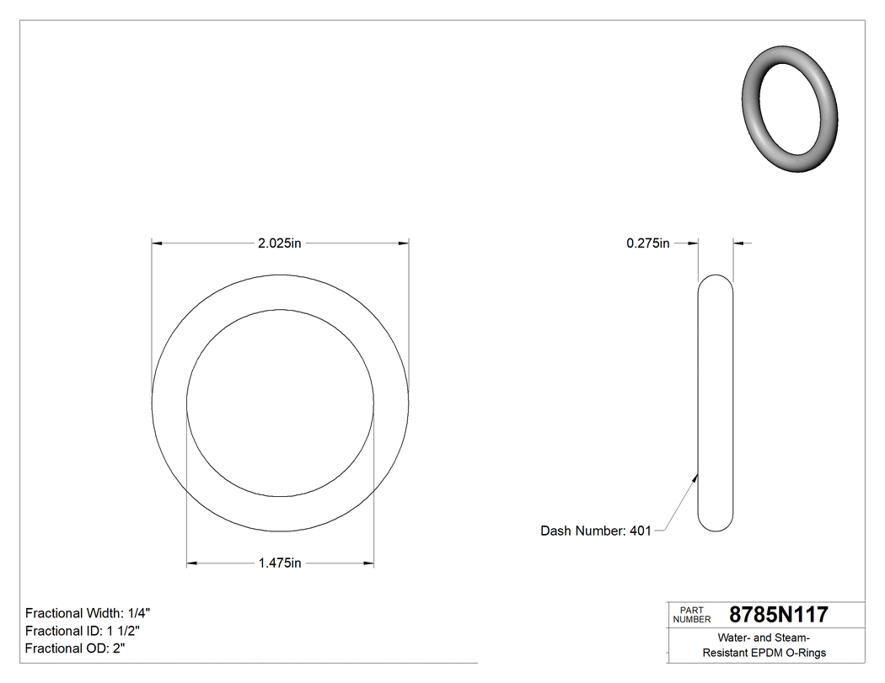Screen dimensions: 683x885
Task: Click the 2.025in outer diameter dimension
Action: tap(279, 243)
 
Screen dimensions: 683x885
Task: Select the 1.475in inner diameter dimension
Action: tap(279, 563)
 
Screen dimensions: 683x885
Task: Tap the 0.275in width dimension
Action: tap(647, 243)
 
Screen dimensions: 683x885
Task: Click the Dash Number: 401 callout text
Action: tap(595, 531)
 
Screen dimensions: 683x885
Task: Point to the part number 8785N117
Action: tap(778, 615)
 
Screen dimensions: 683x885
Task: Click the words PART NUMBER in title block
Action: tap(692, 615)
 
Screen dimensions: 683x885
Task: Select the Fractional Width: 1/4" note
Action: tap(88, 613)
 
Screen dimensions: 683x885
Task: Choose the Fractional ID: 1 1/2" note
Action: tap(83, 631)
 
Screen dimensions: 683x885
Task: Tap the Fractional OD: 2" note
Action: tap(75, 648)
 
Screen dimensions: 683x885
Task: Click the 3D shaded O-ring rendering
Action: tap(790, 109)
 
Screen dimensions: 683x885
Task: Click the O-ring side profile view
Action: tap(716, 403)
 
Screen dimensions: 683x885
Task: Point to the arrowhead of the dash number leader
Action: tap(695, 477)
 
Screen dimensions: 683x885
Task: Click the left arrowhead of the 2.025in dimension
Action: tap(157, 243)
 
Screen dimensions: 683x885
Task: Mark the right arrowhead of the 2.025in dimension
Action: tap(404, 243)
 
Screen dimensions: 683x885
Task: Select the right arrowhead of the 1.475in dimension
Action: tap(368, 563)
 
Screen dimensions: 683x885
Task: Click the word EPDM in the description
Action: tap(769, 653)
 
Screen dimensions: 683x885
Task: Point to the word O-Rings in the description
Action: tap(807, 653)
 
